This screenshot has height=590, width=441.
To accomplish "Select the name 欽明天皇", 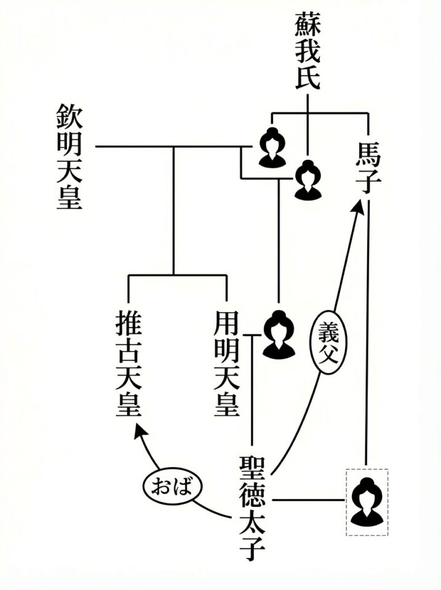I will point(70,157).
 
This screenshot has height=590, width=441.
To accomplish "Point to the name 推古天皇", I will point(129,365).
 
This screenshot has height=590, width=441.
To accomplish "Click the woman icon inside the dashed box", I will point(367,502).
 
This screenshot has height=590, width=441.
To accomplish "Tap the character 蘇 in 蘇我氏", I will point(308,25).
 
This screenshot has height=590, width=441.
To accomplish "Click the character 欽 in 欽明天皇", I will point(70,116).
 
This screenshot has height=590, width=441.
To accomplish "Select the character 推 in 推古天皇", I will point(129,323).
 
